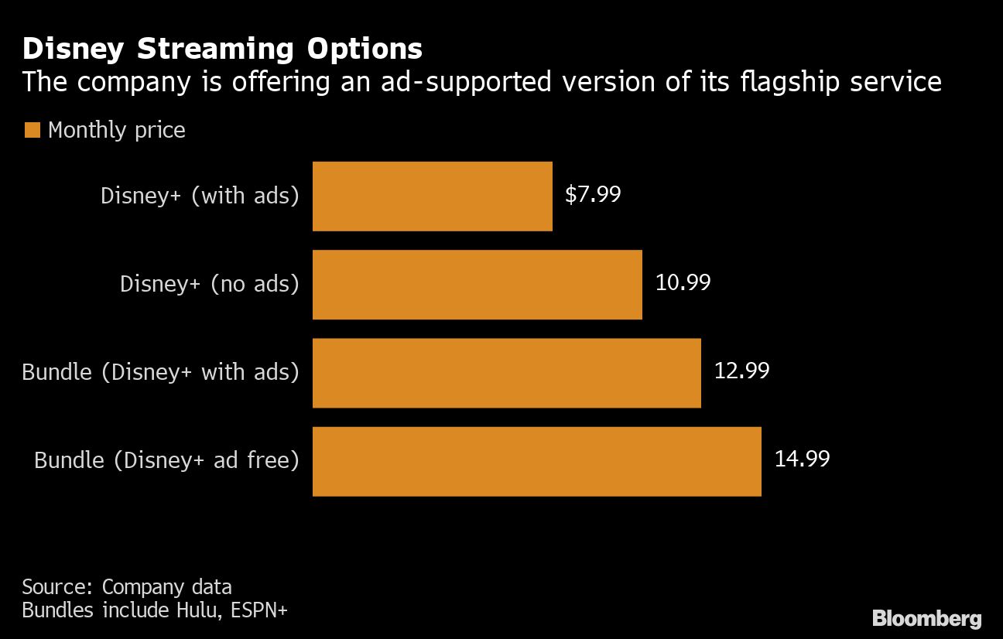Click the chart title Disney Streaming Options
(222, 49)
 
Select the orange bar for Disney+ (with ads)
(432, 196)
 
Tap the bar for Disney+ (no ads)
(477, 285)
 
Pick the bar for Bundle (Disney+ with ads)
(506, 373)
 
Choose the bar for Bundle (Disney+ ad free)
(536, 461)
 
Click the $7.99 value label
(593, 194)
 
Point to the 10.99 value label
(683, 282)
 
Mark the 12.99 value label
(741, 371)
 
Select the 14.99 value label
(802, 459)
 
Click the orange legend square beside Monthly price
(32, 130)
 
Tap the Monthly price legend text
(117, 130)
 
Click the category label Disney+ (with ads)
(200, 196)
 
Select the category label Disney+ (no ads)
(209, 284)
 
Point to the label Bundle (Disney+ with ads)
(160, 372)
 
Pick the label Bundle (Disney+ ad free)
(166, 460)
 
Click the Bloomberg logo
(926, 618)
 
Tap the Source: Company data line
(126, 586)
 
